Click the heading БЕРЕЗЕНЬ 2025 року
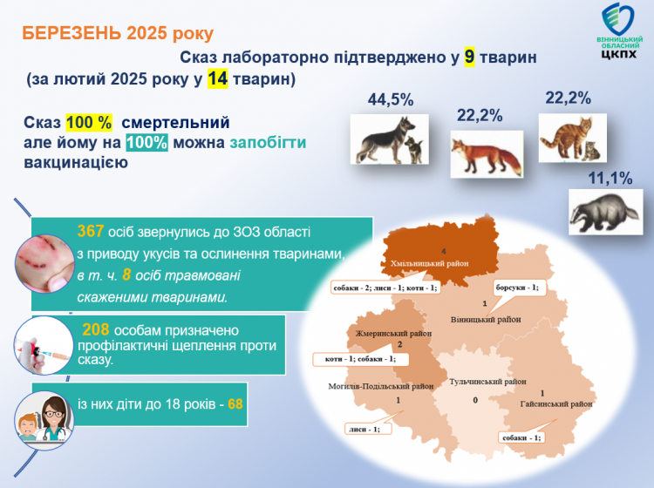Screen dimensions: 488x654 [116, 34]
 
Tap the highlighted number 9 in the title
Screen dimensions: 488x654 [468, 58]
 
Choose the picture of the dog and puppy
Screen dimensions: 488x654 [389, 139]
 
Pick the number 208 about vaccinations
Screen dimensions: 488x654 [96, 330]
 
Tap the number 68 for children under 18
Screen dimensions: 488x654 [235, 405]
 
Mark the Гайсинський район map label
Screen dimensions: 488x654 [557, 404]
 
